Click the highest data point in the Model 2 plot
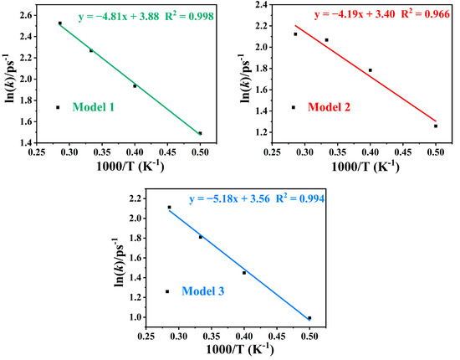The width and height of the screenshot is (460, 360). point(295,34)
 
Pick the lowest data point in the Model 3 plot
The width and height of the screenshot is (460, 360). point(309,318)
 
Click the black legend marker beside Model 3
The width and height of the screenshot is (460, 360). point(167,291)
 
